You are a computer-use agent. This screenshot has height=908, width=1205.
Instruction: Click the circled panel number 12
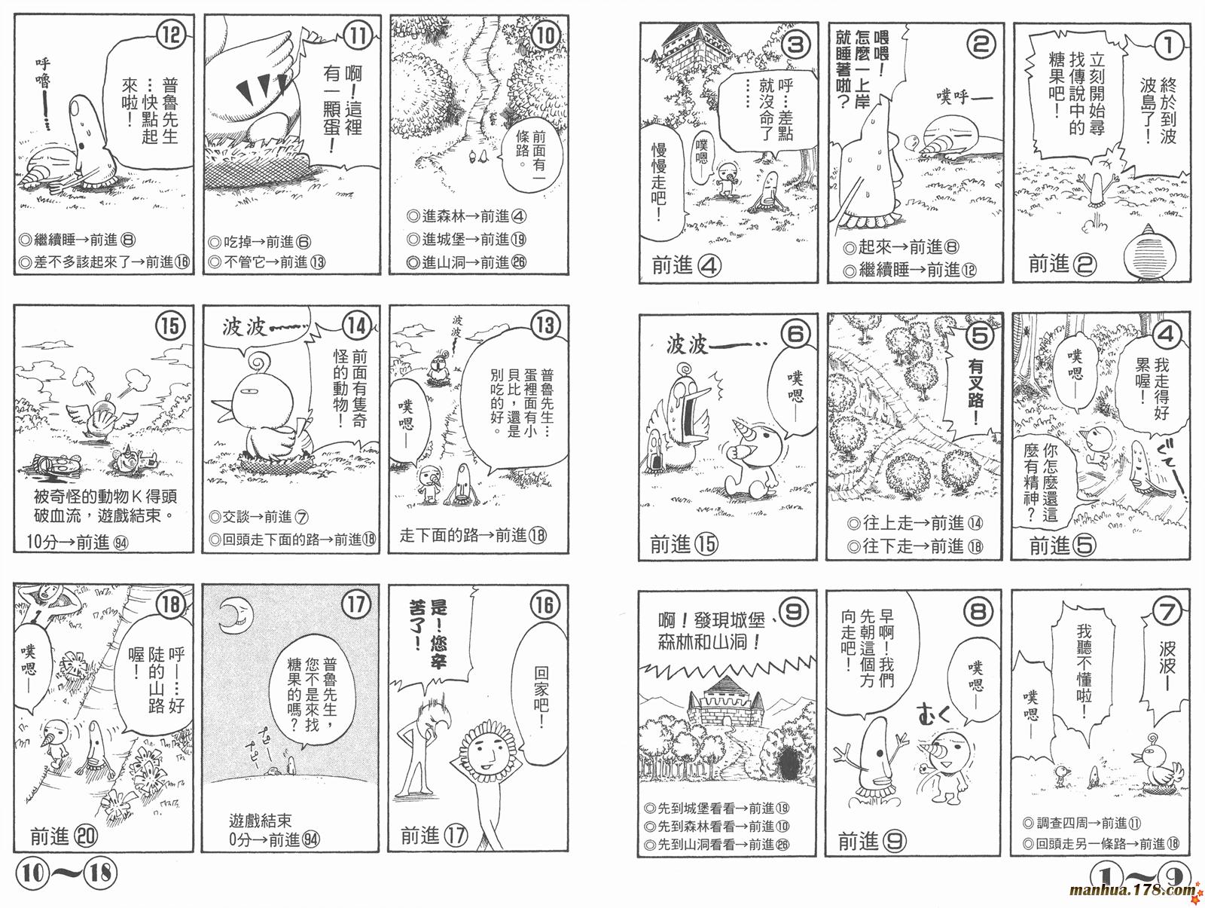170,35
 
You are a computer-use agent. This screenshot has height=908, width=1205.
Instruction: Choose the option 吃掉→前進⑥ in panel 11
260,242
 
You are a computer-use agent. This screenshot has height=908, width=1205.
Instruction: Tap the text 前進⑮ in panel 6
684,544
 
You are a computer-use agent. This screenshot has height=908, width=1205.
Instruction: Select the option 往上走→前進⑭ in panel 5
914,523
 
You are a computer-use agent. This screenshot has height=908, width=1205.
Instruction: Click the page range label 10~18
66,873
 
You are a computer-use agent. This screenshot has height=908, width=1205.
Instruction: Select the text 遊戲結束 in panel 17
261,821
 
